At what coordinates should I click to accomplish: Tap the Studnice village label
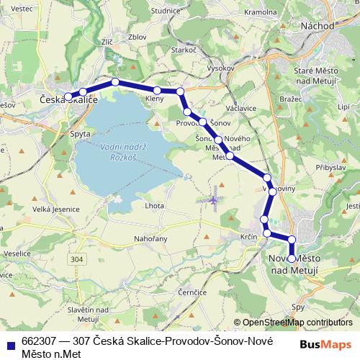[x=166, y=11]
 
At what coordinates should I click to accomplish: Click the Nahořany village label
[x=151, y=238]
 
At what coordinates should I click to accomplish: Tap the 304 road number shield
[x=77, y=257]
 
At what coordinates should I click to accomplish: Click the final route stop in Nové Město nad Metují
[x=292, y=258]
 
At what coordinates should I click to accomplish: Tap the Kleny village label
[x=155, y=99]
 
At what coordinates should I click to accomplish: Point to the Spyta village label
[x=80, y=134]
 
